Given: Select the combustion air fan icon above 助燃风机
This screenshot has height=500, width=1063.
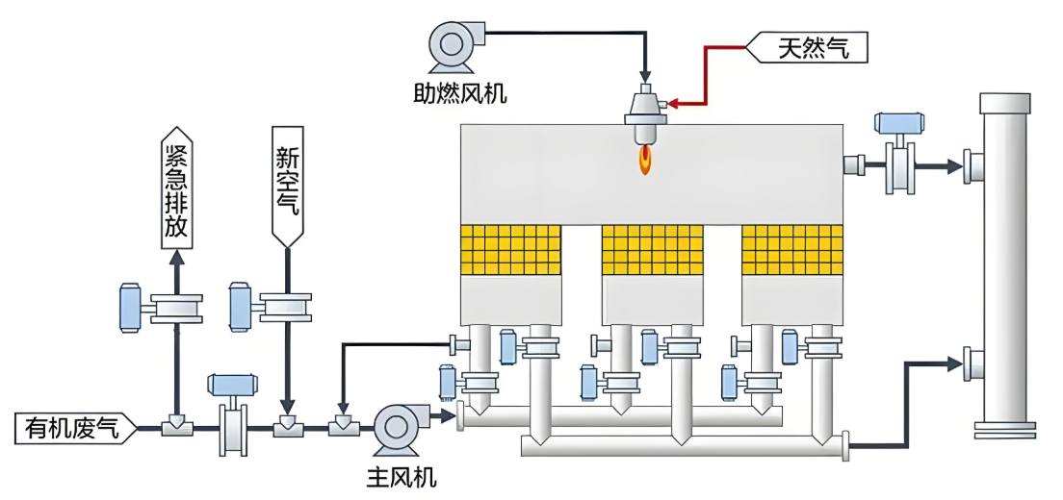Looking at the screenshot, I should coord(452,44).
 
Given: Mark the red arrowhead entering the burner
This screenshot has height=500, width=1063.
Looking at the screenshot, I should coord(671,102).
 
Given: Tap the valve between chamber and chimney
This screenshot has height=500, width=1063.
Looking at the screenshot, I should coord(902,165).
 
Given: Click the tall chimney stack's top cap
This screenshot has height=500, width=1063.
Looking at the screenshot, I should coord(1004,101).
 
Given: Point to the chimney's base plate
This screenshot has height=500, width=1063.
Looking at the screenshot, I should coord(1005,429).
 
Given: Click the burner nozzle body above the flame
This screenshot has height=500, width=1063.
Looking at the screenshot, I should coord(644,108).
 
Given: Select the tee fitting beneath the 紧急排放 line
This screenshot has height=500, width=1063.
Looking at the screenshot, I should coord(176,427).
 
